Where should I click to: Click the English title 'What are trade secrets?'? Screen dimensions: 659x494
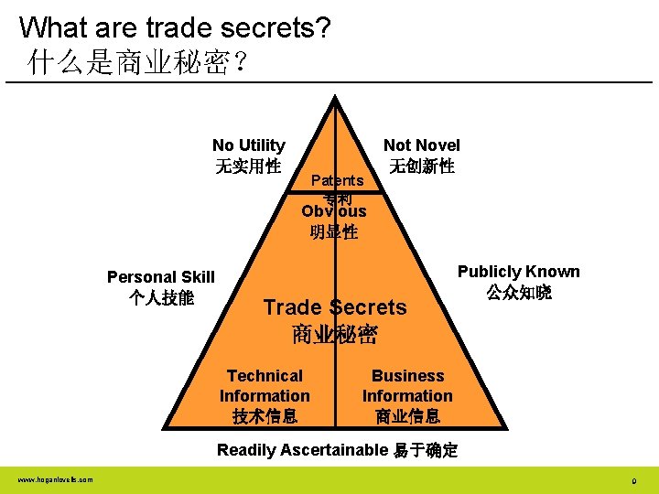tap(175, 27)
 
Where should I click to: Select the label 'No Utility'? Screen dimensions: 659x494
tap(248, 145)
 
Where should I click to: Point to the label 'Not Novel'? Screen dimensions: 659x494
tap(421, 145)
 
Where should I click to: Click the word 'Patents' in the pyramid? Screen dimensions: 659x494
tap(337, 180)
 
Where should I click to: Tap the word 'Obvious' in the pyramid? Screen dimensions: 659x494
tap(334, 211)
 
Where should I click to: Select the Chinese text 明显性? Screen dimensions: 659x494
tap(334, 231)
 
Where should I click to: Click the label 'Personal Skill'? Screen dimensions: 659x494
tap(161, 277)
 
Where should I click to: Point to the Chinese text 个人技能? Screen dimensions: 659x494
tap(161, 297)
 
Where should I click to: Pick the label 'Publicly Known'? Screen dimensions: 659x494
tap(518, 272)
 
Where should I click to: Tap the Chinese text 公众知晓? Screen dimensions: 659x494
tap(518, 293)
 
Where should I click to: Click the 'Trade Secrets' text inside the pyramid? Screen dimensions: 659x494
tap(335, 307)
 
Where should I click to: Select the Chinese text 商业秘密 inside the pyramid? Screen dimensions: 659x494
tap(335, 334)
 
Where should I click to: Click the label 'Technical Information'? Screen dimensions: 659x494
tap(265, 386)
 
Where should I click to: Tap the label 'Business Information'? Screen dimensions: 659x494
tap(407, 386)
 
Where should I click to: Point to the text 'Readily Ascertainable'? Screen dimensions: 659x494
tap(302, 449)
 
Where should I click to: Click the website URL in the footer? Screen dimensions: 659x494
tap(54, 479)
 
